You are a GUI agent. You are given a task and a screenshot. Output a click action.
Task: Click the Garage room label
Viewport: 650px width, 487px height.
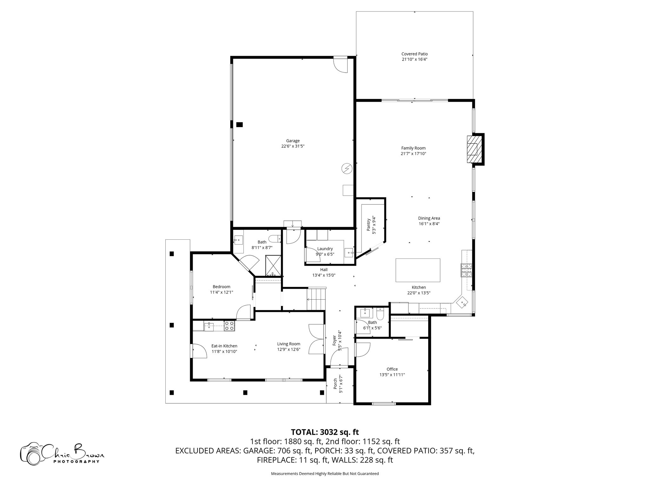(293, 141)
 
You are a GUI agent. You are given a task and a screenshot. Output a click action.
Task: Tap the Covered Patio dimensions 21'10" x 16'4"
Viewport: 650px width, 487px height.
(414, 59)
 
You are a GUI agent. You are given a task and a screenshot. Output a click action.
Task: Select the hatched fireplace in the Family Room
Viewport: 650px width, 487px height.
(473, 149)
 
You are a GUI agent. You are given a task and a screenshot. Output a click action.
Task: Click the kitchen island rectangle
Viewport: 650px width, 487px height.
(418, 270)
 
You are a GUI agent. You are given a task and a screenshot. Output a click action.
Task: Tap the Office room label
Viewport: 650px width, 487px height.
(392, 369)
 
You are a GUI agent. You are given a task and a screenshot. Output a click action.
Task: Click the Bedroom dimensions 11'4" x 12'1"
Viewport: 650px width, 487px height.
(222, 292)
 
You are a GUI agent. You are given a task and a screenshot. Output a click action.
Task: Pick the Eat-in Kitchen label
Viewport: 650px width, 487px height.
(224, 346)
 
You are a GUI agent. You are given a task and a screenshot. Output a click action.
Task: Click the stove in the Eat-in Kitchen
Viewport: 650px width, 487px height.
(229, 326)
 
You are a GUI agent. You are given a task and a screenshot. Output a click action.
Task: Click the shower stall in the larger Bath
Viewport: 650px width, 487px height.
(273, 265)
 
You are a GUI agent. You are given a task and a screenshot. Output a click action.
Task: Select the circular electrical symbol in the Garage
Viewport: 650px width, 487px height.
(347, 168)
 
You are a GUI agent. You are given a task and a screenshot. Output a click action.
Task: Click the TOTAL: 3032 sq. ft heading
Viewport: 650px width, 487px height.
(325, 432)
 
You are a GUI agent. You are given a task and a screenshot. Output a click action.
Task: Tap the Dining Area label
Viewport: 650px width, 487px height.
(429, 218)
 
